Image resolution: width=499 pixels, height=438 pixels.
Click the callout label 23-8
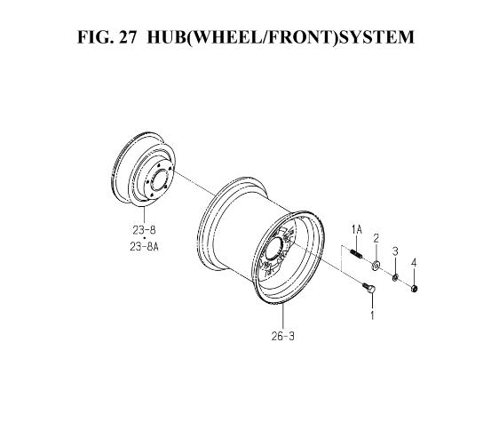[144, 230]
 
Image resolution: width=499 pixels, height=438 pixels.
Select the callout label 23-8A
[144, 247]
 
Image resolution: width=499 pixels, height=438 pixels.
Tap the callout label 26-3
[283, 336]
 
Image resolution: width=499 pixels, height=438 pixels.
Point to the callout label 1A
[357, 229]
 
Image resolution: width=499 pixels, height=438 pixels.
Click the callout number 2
[376, 238]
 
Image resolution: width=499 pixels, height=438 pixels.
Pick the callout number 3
[395, 251]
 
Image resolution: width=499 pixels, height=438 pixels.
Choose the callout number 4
[414, 263]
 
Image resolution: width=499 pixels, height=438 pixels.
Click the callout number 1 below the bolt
[372, 315]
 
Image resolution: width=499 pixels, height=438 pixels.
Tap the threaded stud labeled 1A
[357, 254]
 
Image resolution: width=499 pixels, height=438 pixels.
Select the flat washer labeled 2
[376, 265]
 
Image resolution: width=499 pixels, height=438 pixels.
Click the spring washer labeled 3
[394, 277]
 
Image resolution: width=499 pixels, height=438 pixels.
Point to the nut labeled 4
[414, 288]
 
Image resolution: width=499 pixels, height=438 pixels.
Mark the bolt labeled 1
[369, 287]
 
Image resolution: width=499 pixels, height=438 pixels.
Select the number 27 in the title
[128, 37]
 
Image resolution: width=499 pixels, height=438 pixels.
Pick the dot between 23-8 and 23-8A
[144, 238]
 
